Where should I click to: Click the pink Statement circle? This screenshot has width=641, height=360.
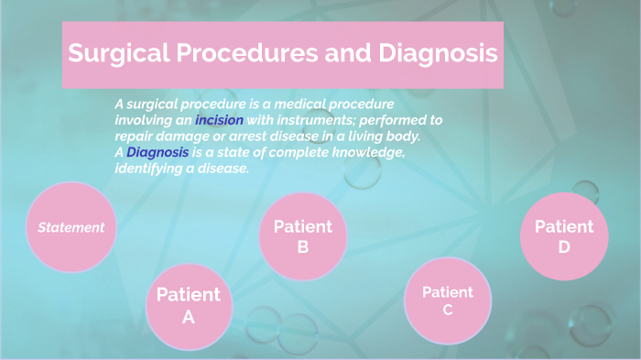71,227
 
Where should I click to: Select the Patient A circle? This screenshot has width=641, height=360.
189,306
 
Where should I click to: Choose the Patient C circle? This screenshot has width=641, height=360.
448,301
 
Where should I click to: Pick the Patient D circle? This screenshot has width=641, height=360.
564,236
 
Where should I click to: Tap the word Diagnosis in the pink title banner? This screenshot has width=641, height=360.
429,54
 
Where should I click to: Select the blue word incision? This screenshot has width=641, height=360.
219,120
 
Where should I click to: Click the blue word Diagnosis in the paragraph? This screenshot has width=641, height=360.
158,152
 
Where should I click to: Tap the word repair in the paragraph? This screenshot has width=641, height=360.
136,136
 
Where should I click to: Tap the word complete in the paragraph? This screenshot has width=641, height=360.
301,152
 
